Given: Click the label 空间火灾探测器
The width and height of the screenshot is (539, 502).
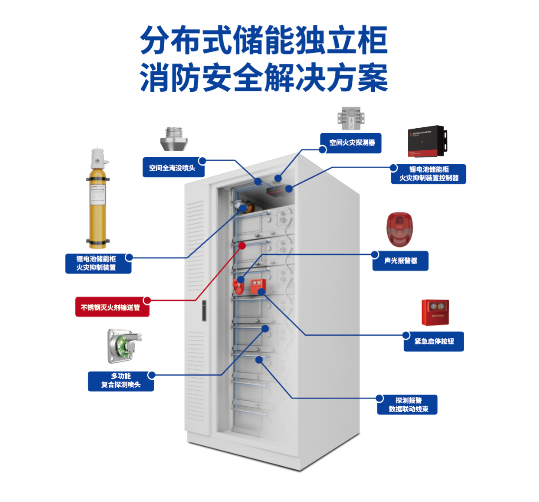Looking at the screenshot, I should click(352, 143).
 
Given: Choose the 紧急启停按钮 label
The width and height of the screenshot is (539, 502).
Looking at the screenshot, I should click(434, 341).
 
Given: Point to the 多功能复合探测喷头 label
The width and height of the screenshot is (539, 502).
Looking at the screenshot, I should click(121, 380).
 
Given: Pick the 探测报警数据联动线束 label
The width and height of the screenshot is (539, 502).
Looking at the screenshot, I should click(407, 405).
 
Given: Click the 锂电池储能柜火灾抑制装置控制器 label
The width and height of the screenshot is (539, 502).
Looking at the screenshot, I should click(428, 174).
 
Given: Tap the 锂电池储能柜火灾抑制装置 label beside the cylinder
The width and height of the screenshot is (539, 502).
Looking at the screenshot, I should click(98, 263).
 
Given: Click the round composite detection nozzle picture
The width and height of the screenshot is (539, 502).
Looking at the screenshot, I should click(123, 346).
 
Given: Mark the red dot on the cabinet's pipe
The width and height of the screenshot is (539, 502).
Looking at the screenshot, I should click(242, 246).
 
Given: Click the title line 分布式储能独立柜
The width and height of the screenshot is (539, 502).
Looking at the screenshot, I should click(264, 40).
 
